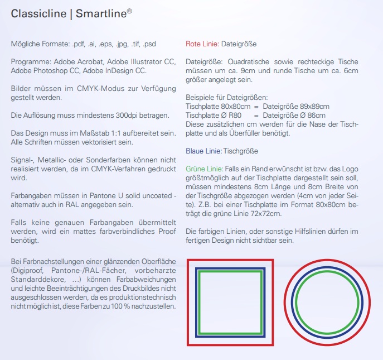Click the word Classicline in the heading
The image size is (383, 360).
coord(38,13)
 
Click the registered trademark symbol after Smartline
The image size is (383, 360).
coord(129,10)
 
